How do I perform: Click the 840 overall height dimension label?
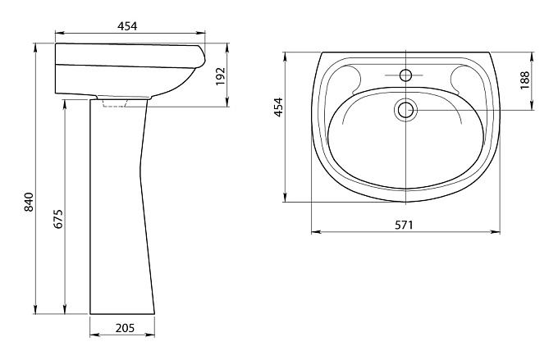coord(29,202)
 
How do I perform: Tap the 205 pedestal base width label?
coord(125,328)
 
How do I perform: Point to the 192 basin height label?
coord(221,76)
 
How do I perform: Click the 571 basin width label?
coord(404,225)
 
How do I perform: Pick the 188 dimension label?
coord(524,80)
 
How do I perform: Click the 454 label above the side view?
coord(127,26)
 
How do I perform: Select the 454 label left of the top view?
coord(278,107)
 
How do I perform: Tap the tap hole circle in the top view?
coord(405,75)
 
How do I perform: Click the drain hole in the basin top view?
coord(405,110)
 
